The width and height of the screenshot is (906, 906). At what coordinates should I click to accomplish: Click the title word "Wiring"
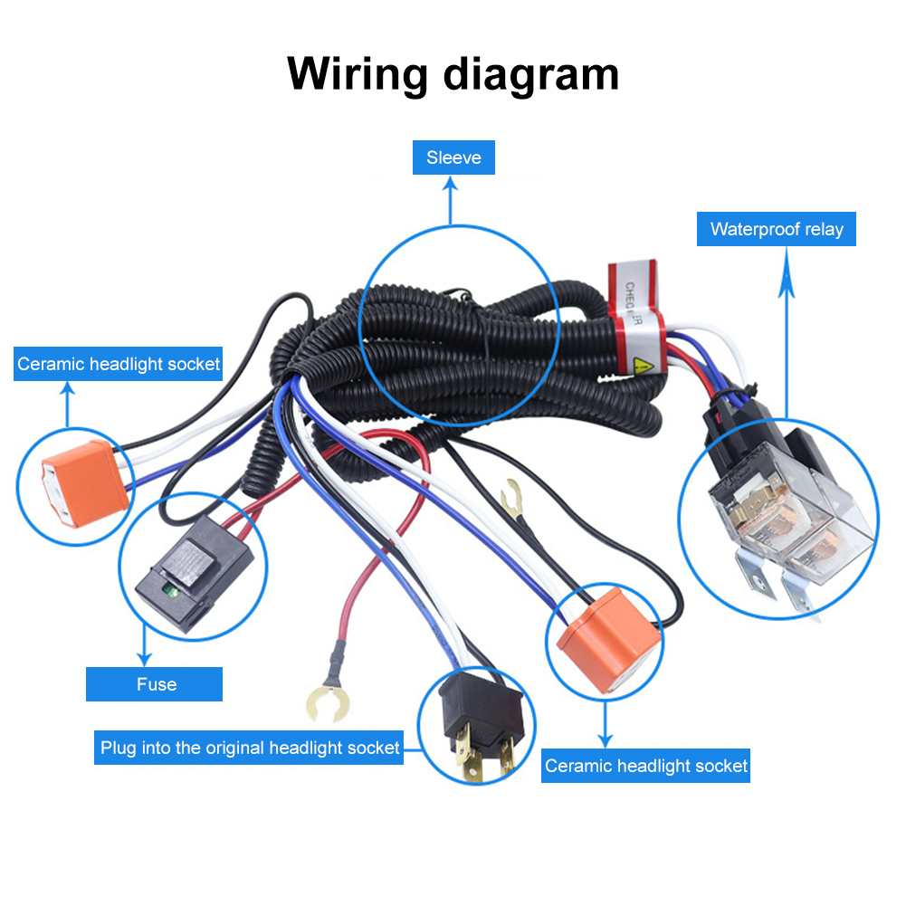click(358, 74)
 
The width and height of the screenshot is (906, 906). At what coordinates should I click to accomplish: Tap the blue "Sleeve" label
click(453, 158)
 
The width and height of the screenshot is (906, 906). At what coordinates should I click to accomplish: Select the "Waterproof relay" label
click(777, 229)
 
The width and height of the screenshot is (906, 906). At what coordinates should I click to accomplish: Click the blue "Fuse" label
click(155, 684)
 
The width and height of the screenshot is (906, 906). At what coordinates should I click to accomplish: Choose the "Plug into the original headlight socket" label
click(249, 749)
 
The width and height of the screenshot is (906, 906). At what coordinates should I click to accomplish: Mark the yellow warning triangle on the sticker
click(644, 367)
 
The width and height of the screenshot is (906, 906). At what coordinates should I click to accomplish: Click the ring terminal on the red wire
click(323, 702)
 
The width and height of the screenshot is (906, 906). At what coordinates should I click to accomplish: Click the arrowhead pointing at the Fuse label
click(143, 659)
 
